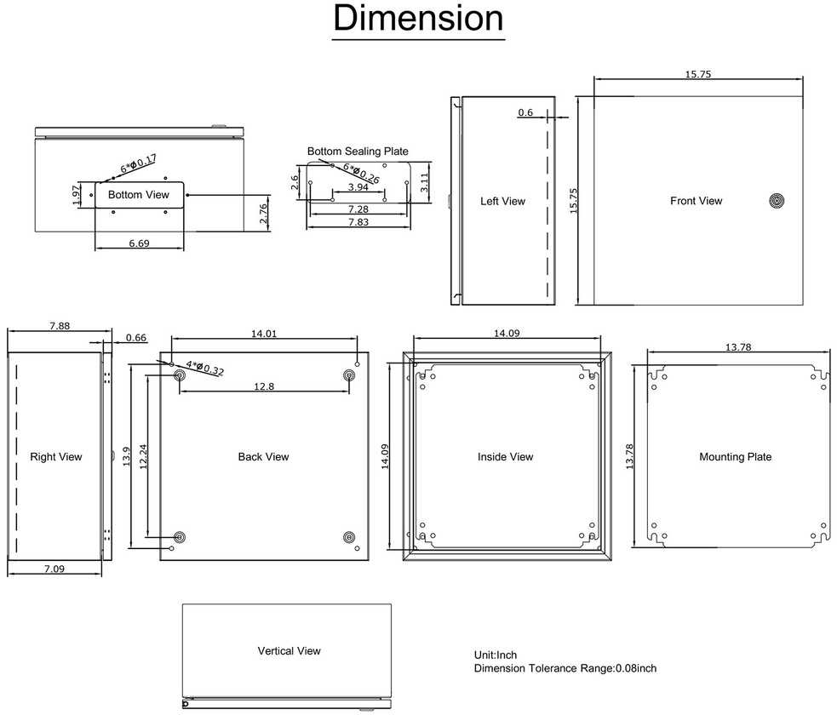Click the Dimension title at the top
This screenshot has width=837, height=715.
coord(419,18)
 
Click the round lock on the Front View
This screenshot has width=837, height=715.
coord(777,201)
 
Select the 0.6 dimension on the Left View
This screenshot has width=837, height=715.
coord(525,112)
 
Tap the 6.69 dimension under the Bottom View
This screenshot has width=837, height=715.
coord(139,243)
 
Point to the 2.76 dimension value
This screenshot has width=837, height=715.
coord(263,214)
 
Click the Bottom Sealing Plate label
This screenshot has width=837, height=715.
coord(358,151)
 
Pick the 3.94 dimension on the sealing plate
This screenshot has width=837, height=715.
coord(358,186)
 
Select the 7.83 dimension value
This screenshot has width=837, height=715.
coord(358,222)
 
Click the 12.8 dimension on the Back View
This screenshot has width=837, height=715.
coord(264,386)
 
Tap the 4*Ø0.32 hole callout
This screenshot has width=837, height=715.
coord(205,368)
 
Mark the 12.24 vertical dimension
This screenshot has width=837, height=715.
coord(143,457)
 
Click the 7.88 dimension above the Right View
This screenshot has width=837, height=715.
coord(60,325)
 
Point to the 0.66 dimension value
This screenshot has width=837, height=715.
coord(136,338)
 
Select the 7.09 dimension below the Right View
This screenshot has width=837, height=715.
coord(54,569)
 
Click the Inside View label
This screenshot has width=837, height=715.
coord(506,457)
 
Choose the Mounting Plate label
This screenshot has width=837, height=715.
coord(736,457)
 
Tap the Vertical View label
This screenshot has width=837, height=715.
coord(290,651)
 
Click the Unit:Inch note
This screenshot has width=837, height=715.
coord(496,655)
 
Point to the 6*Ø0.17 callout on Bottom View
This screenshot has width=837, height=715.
coord(138,163)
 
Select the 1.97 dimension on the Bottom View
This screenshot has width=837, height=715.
coord(77,195)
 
